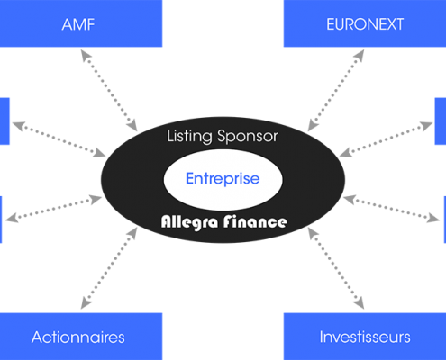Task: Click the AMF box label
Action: (78, 24)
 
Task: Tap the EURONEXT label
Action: (365, 24)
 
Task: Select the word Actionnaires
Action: (78, 337)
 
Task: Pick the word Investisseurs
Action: (365, 337)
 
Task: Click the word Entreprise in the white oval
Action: (223, 179)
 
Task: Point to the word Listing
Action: (189, 137)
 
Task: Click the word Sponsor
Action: (248, 137)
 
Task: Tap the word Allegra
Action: (189, 222)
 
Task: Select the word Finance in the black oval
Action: (255, 221)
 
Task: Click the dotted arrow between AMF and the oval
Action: (109, 91)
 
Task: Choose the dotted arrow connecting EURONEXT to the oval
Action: (336, 91)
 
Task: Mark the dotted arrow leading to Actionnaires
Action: (109, 268)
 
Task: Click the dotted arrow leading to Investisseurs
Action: (336, 268)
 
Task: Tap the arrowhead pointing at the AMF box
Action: (85, 55)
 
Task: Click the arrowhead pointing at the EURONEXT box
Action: (360, 55)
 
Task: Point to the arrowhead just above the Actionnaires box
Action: (85, 303)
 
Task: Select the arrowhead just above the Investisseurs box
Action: (360, 303)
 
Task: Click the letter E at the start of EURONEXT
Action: (331, 24)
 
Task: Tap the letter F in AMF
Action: (91, 24)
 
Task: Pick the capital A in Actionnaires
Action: (37, 337)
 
